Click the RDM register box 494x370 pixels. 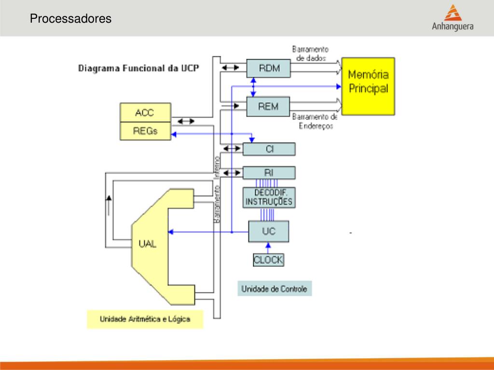coord(269,68)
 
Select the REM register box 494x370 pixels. coord(269,106)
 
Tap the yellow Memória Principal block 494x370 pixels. coord(368,85)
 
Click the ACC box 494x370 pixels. coord(145,113)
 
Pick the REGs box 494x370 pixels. coord(145,131)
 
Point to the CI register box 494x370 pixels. coord(269,149)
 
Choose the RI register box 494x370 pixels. coord(269,172)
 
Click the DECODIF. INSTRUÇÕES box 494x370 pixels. coord(269,197)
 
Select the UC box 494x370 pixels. coord(269,231)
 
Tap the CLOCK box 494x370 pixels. coord(269,260)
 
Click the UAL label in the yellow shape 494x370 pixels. coord(147,244)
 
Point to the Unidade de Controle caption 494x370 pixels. coord(274,289)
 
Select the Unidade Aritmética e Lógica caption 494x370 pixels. coord(145,319)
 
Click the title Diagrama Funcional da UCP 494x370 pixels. coord(139,68)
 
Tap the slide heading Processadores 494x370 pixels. coord(70,19)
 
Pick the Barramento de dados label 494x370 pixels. coord(310,53)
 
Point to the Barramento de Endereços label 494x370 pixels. coord(315,121)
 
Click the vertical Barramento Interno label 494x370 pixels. coord(217,189)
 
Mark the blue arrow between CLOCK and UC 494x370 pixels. coord(269,247)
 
